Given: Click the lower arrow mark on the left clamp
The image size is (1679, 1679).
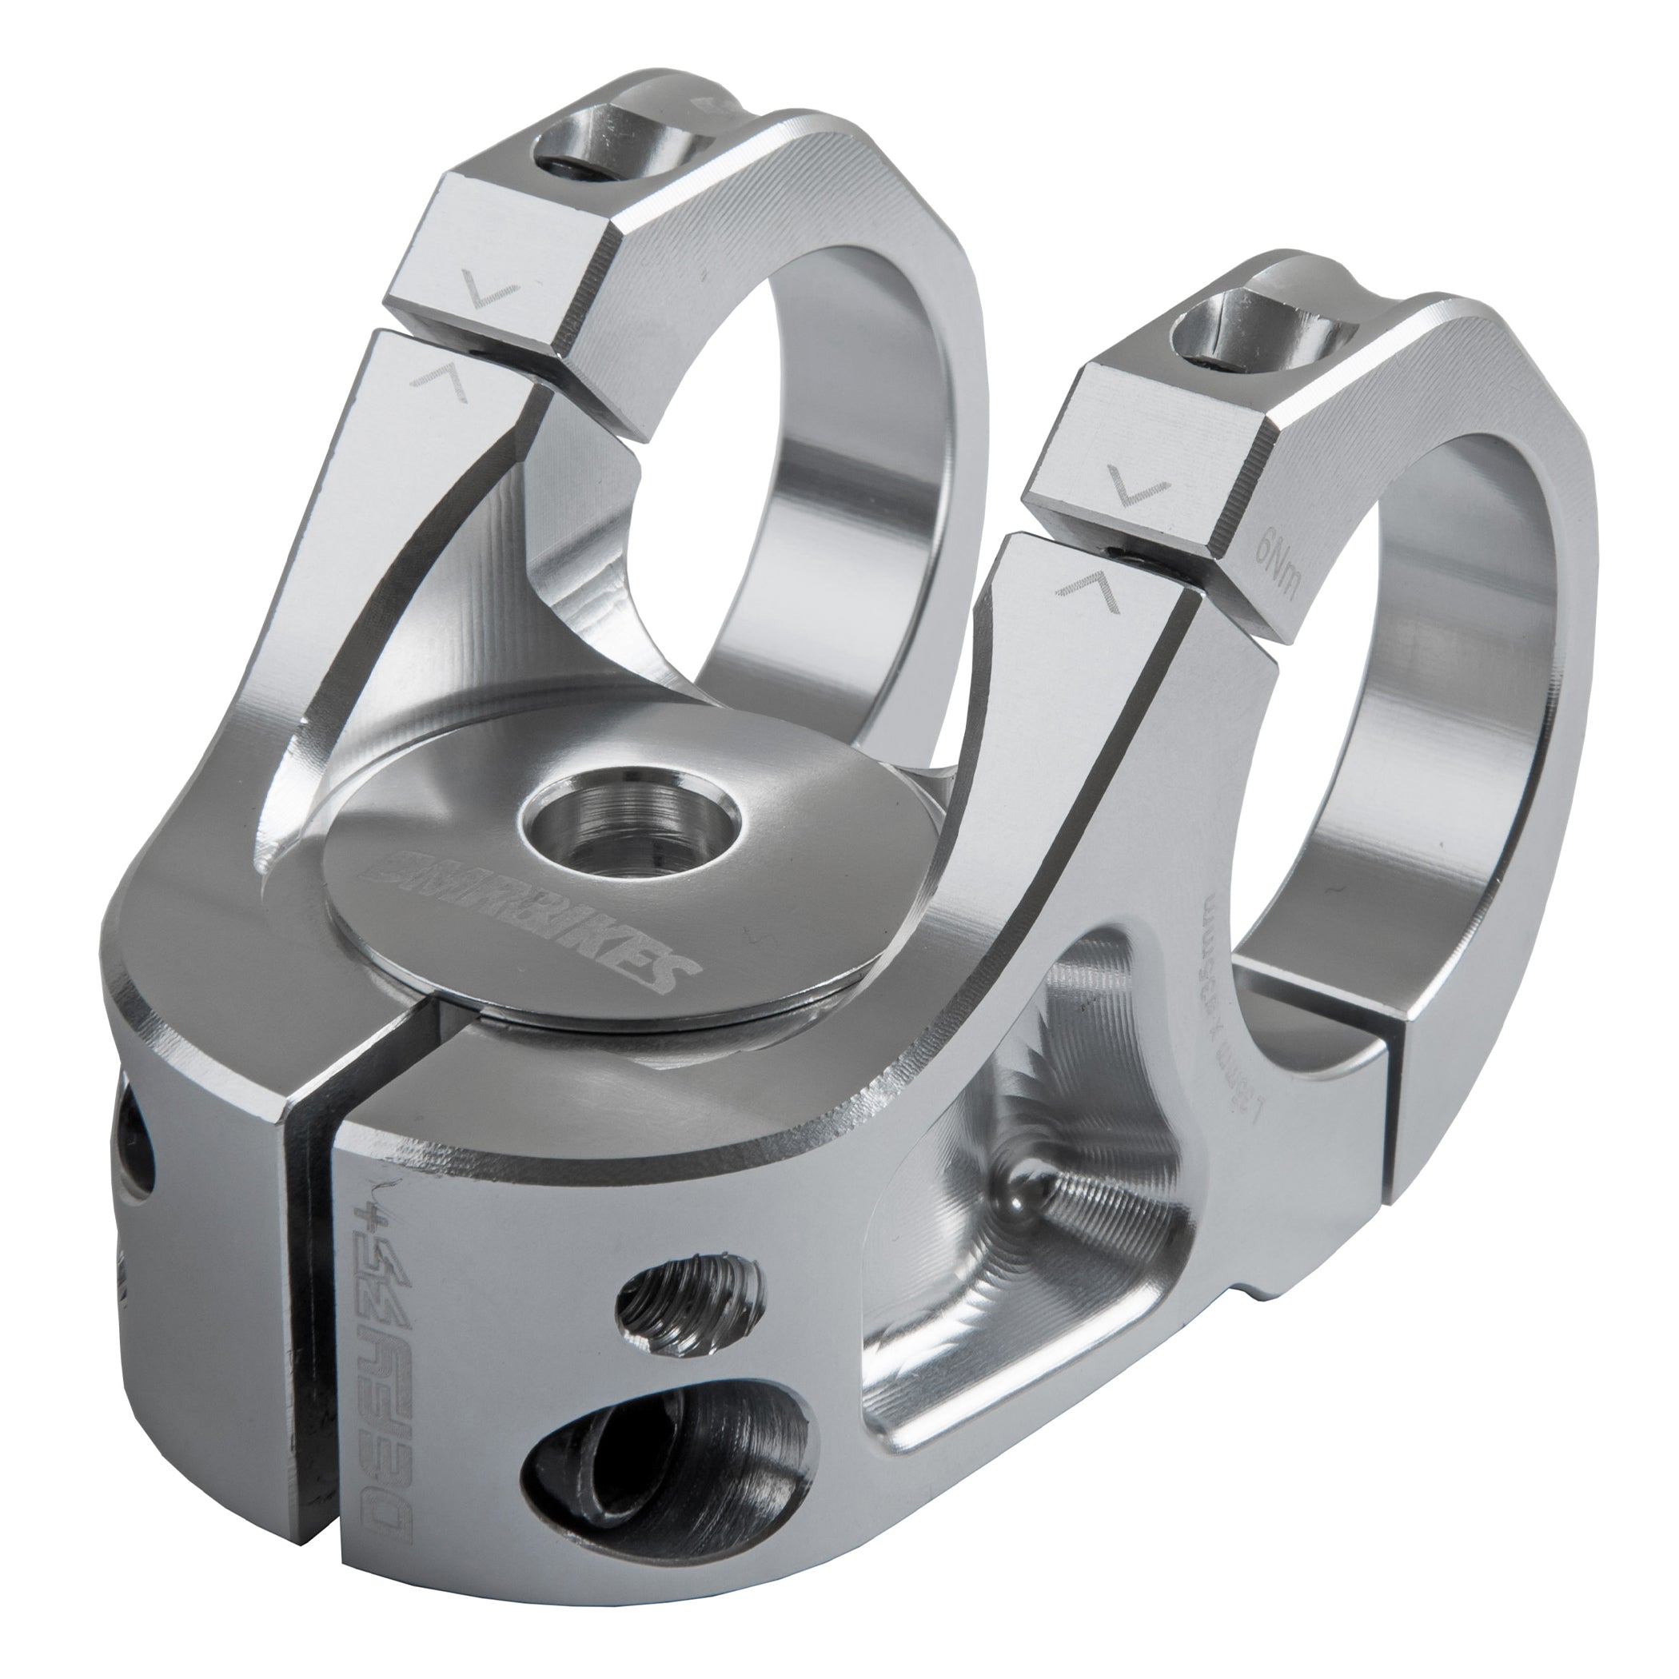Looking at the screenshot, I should tap(443, 382).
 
